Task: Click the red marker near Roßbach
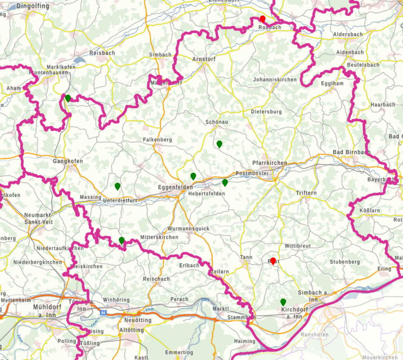coord(263,19)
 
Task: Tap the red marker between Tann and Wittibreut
coord(273,261)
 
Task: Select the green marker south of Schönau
coord(219,144)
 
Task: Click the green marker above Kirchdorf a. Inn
coord(283,302)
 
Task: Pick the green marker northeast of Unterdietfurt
coord(118,186)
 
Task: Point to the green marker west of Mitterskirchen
coord(122,240)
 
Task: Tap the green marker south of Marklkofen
coord(68,98)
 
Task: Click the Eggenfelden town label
coord(175,187)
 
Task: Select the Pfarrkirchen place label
coord(270,163)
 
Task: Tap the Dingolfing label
coord(32,6)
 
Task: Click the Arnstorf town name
coord(204,59)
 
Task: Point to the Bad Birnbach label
coord(352,152)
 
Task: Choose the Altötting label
coord(131,330)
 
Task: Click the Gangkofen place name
coord(68,161)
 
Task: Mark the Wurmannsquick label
coord(188,229)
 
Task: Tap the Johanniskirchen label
coord(275,80)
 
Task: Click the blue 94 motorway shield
coord(103,312)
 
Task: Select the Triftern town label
coord(306,193)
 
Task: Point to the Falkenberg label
coord(157,140)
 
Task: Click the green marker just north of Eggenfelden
coord(193,176)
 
